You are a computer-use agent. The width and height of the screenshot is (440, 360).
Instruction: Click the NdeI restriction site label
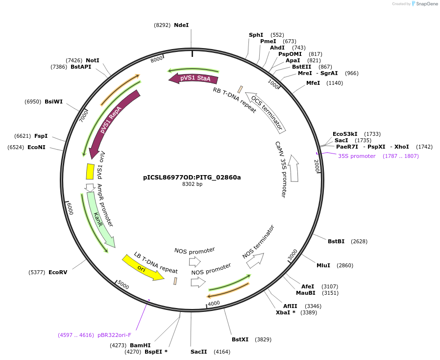181,25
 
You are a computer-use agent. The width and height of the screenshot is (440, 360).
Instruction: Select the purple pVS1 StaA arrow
194,78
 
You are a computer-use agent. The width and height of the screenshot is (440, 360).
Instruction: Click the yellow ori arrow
143,267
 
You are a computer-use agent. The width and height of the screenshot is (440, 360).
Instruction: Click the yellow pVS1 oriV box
90,171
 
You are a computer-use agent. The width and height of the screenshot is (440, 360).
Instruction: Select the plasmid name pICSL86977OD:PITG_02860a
192,177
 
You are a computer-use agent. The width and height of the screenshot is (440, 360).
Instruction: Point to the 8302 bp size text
192,184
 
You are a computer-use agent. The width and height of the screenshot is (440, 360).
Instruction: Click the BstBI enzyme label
336,241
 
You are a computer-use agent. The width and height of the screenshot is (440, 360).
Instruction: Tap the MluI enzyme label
323,265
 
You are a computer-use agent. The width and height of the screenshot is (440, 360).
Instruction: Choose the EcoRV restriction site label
58,272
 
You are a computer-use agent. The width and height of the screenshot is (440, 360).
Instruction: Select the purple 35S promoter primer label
357,156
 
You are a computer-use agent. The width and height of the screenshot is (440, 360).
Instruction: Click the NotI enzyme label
93,60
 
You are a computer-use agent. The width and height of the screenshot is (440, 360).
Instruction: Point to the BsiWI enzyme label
53,102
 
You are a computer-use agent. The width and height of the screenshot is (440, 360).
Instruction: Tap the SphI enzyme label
256,35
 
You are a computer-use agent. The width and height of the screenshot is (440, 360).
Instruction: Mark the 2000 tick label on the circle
317,166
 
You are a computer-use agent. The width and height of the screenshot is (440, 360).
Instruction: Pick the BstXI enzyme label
240,339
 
